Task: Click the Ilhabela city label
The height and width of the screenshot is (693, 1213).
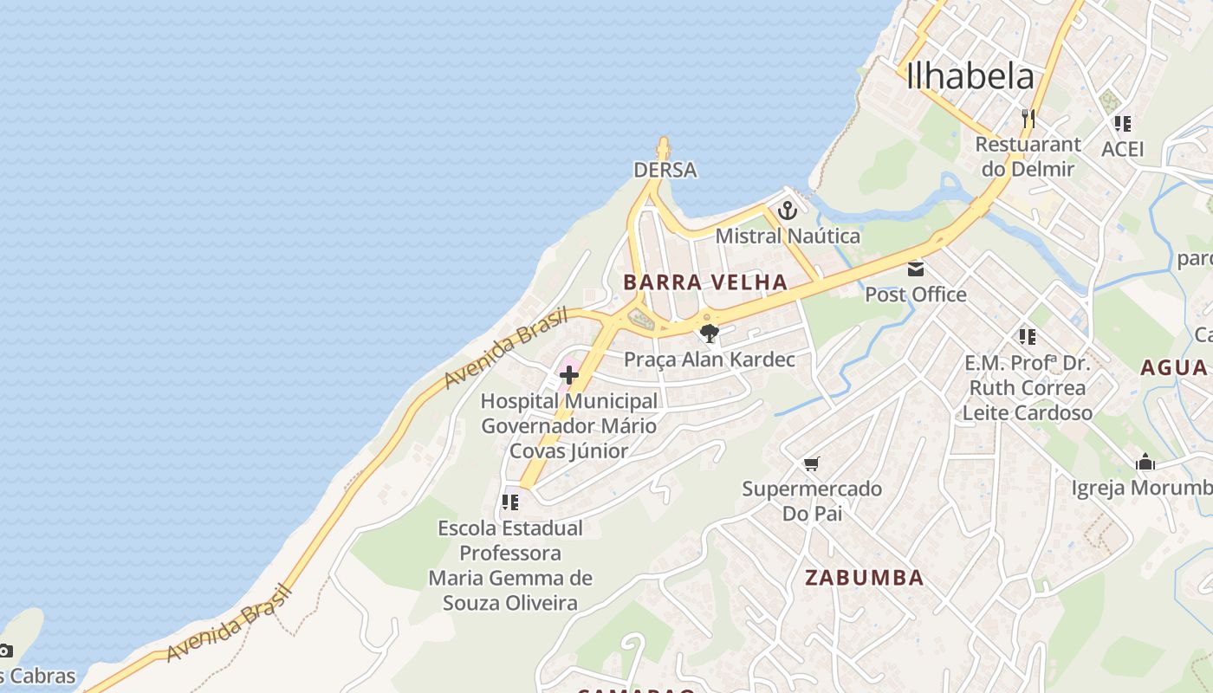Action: pyautogui.click(x=970, y=76)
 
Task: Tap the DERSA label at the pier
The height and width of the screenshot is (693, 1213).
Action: pyautogui.click(x=665, y=170)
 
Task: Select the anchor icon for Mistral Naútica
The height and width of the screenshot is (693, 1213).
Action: pyautogui.click(x=787, y=210)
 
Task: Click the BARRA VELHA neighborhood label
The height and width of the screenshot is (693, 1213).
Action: pyautogui.click(x=705, y=282)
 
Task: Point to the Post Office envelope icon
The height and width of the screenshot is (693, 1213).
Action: pyautogui.click(x=916, y=269)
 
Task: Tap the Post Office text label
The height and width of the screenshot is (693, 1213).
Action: pyautogui.click(x=916, y=295)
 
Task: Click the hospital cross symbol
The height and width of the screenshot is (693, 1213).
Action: pyautogui.click(x=569, y=375)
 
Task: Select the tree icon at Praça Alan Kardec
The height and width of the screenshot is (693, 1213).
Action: pyautogui.click(x=710, y=333)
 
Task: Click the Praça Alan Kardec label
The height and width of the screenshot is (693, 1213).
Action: pyautogui.click(x=710, y=359)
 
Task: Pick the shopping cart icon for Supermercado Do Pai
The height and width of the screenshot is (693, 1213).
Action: pyautogui.click(x=811, y=464)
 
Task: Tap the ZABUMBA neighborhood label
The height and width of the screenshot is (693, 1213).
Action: pyautogui.click(x=864, y=578)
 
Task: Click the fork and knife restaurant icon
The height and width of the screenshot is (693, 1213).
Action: pyautogui.click(x=1028, y=118)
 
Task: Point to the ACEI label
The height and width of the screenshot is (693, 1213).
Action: pyautogui.click(x=1123, y=149)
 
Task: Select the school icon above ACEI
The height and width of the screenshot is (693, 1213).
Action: pyautogui.click(x=1123, y=124)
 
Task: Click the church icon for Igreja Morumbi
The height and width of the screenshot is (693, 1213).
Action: pyautogui.click(x=1145, y=463)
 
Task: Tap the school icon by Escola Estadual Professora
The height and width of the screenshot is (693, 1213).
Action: pyautogui.click(x=510, y=502)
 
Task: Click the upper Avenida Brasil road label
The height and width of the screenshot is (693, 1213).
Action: pyautogui.click(x=506, y=348)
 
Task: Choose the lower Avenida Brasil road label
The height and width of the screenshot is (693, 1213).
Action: pyautogui.click(x=229, y=623)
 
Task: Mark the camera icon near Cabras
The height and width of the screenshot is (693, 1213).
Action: pyautogui.click(x=5, y=651)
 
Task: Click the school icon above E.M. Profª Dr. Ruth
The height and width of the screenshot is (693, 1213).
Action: pyautogui.click(x=1028, y=336)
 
